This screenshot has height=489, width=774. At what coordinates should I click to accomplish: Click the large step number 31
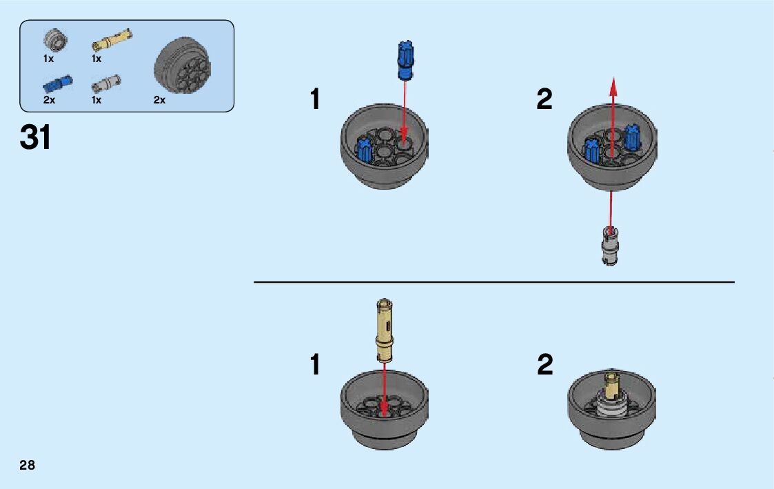pyautogui.click(x=36, y=138)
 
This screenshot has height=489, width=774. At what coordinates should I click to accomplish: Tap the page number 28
pyautogui.click(x=28, y=465)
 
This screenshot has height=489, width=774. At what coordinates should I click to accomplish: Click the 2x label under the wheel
pyautogui.click(x=159, y=100)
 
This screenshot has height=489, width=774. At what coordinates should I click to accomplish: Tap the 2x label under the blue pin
pyautogui.click(x=49, y=100)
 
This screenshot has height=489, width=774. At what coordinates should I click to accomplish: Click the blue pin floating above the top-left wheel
pyautogui.click(x=404, y=61)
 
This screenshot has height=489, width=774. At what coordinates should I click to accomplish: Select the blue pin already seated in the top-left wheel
pyautogui.click(x=363, y=149)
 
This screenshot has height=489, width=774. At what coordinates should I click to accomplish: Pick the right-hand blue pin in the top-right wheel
pyautogui.click(x=631, y=138)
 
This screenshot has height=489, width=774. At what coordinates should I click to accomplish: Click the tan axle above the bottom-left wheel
pyautogui.click(x=383, y=329)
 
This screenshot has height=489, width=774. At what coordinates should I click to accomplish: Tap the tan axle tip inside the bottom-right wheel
pyautogui.click(x=611, y=381)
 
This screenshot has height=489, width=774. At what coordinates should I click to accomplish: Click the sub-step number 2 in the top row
pyautogui.click(x=544, y=100)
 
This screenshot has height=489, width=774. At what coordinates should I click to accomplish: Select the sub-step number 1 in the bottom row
pyautogui.click(x=315, y=365)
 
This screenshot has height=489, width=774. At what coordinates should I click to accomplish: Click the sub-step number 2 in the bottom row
pyautogui.click(x=544, y=365)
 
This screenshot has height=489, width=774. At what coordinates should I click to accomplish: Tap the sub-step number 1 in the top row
pyautogui.click(x=315, y=100)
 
